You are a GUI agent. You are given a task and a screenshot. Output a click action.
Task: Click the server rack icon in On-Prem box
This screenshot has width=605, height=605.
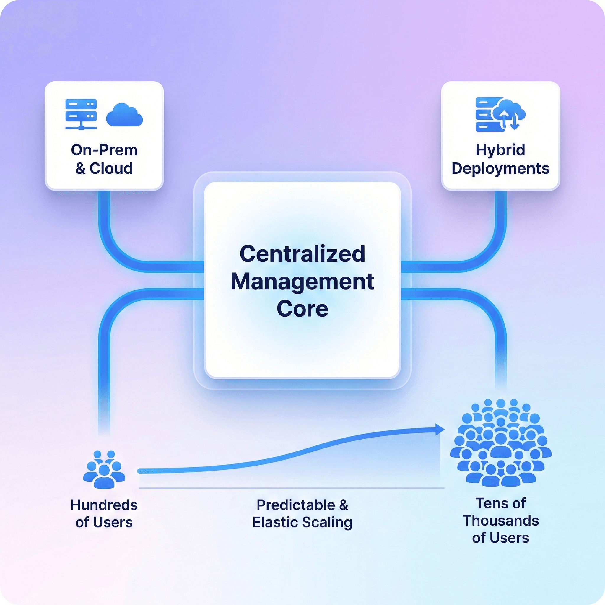(x=81, y=114)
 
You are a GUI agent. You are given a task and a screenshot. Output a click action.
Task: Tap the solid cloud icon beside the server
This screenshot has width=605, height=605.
(x=124, y=115)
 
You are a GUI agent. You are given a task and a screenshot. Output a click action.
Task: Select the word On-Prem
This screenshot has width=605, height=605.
(x=104, y=150)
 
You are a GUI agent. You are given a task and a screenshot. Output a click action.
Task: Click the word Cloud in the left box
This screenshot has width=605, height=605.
(x=111, y=168)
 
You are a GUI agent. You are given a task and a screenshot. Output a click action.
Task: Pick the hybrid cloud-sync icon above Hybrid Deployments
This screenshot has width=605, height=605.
(x=500, y=114)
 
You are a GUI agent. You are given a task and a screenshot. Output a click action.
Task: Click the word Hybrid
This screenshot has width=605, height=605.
(x=500, y=150)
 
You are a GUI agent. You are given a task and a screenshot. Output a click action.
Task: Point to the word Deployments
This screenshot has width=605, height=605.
(x=500, y=168)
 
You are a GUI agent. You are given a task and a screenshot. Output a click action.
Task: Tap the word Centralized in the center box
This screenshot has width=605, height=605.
(x=302, y=254)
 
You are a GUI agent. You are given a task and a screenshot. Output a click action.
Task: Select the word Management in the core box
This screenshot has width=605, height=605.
(x=302, y=281)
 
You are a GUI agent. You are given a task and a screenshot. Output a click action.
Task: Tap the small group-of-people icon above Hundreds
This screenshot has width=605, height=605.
(x=104, y=469)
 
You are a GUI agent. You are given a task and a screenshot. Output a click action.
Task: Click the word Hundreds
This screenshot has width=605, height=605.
(x=104, y=505)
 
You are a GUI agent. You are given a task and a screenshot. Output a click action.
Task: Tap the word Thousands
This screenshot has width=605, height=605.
(x=500, y=521)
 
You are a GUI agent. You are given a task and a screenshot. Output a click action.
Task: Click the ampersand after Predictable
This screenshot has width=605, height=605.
(x=343, y=505)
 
